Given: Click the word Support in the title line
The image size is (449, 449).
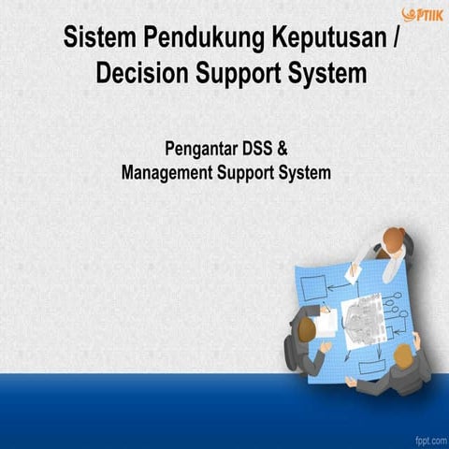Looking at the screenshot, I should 238,74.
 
